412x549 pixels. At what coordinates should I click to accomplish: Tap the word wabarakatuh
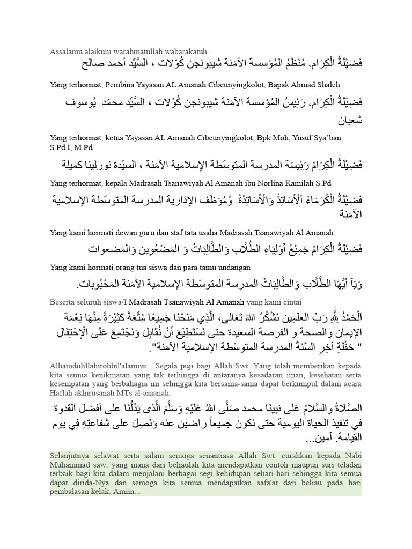[x=190, y=51]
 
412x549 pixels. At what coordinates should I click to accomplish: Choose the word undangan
[x=233, y=267]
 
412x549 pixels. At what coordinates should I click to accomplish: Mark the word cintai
[x=290, y=301]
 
